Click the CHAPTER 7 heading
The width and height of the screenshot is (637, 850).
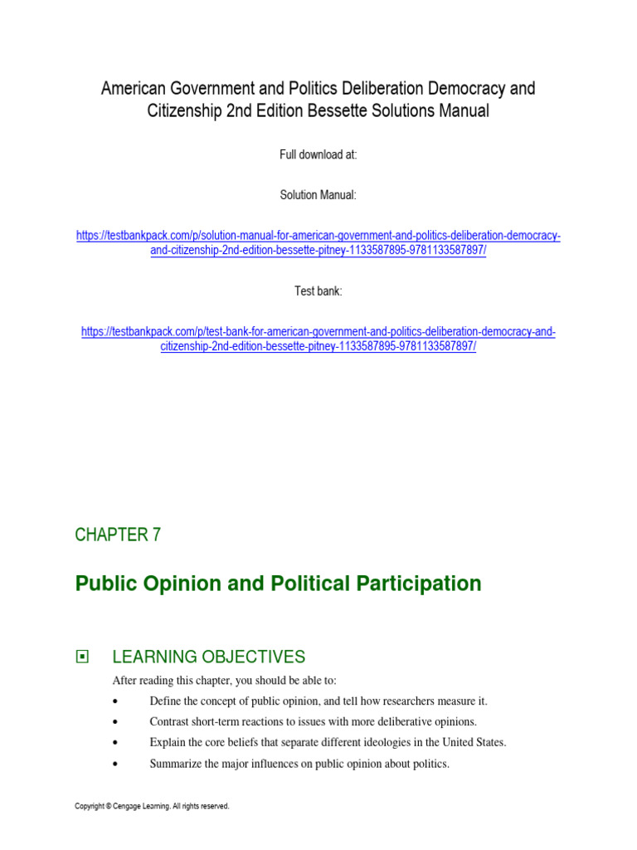pyautogui.click(x=118, y=535)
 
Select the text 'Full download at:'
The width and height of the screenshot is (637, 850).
pyautogui.click(x=318, y=155)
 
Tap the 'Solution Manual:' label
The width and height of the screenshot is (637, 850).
pyautogui.click(x=318, y=195)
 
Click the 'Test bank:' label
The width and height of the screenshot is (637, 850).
pyautogui.click(x=318, y=291)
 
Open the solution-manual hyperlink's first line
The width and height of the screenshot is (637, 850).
pyautogui.click(x=318, y=236)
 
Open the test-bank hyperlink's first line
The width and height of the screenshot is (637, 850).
pyautogui.click(x=318, y=332)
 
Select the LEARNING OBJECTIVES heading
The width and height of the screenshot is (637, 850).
pyautogui.click(x=209, y=657)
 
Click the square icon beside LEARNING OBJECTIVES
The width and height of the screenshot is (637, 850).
pyautogui.click(x=81, y=657)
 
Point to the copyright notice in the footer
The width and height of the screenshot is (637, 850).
pyautogui.click(x=152, y=806)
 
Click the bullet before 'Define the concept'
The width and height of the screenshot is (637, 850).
pyautogui.click(x=114, y=701)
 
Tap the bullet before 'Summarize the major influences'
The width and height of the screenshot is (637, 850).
pyautogui.click(x=114, y=764)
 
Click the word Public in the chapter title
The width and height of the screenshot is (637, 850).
pyautogui.click(x=105, y=584)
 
